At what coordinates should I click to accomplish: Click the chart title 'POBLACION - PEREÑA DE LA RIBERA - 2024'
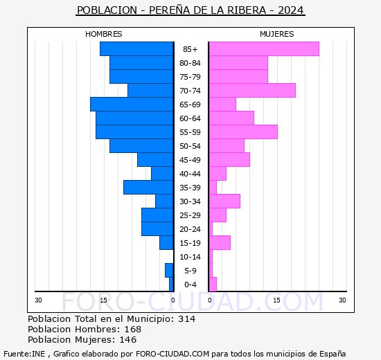coord(190,10)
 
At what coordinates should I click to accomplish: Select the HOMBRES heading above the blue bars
coord(104,34)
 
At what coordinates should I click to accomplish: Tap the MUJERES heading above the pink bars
coord(276,34)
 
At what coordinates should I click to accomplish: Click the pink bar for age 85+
coord(263,48)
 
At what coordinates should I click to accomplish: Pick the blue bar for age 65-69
coord(132,104)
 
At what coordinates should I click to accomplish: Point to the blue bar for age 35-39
coord(148,187)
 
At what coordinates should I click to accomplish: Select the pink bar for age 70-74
coord(251,90)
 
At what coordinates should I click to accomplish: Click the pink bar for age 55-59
coord(242,132)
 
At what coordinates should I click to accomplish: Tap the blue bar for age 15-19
coord(166,242)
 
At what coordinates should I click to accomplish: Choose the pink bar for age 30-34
coord(224,201)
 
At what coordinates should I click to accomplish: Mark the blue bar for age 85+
coord(136,48)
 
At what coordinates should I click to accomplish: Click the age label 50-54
coord(190,146)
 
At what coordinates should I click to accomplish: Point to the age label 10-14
coord(190,257)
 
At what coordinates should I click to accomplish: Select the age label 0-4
coord(190,285)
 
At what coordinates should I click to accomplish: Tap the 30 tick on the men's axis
coord(39,300)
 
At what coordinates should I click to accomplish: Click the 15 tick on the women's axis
coord(276,300)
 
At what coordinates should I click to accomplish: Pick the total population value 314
coord(186,319)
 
